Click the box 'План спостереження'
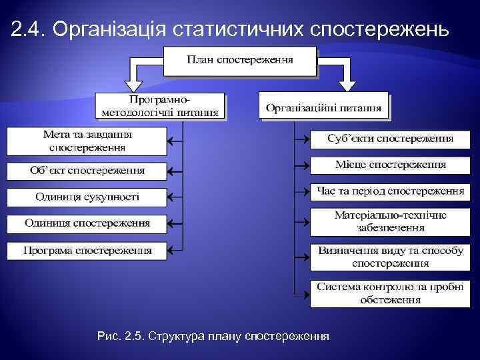pos(239,60)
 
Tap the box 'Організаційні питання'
pos(323,107)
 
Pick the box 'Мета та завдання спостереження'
pos(87,141)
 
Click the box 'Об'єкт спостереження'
pos(87,170)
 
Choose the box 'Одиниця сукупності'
pos(87,197)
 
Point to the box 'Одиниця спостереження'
pos(87,223)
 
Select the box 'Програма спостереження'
pos(87,251)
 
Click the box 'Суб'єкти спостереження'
pos(390,139)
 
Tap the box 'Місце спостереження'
pos(390,164)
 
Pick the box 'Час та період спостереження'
pos(390,191)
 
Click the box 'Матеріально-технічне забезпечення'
pos(390,221)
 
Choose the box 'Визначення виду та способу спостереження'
pos(390,257)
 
